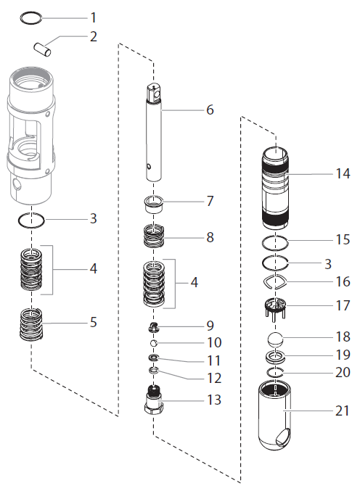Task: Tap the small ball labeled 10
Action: pyautogui.click(x=153, y=342)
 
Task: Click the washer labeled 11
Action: pyautogui.click(x=153, y=358)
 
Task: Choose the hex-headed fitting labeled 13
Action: pyautogui.click(x=153, y=400)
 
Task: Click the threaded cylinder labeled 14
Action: pyautogui.click(x=276, y=185)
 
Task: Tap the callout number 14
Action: pyautogui.click(x=342, y=173)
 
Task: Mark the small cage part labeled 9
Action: pyautogui.click(x=153, y=326)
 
